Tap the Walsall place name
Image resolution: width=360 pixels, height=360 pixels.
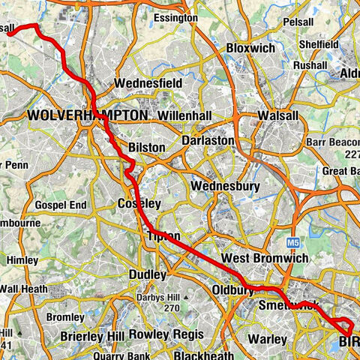point(280,116)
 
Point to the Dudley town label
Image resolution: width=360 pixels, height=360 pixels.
point(147,274)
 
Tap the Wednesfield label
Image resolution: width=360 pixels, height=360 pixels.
point(149,83)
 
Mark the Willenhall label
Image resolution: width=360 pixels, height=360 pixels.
point(187,117)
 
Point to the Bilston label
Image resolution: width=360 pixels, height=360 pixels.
point(146,148)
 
